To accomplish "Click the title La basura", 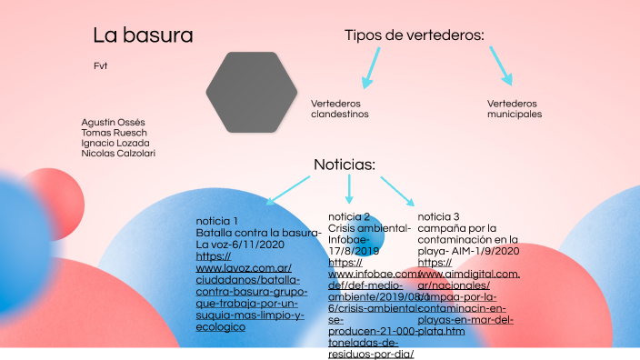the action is point(143,36).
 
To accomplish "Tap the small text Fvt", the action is point(100,66).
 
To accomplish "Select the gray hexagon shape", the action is point(251,91).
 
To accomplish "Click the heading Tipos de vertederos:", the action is point(414,35).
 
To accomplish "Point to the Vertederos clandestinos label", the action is point(340,109).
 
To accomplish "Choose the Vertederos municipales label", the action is point(514,109).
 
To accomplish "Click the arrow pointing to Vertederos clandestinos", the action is point(370,69).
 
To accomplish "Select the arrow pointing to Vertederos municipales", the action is point(501,63).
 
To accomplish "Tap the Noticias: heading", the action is point(345,165).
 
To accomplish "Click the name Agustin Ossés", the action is point(113,122).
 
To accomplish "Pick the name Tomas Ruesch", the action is point(114,133).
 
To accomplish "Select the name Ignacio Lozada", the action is point(115,143).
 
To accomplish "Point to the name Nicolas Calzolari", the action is point(118,153).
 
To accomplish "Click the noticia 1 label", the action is point(217,222).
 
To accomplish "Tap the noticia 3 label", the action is point(438,216).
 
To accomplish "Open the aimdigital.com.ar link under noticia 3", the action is point(468,275).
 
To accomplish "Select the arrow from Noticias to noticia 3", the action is point(397,190).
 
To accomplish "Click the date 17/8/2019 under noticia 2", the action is point(354,250).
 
